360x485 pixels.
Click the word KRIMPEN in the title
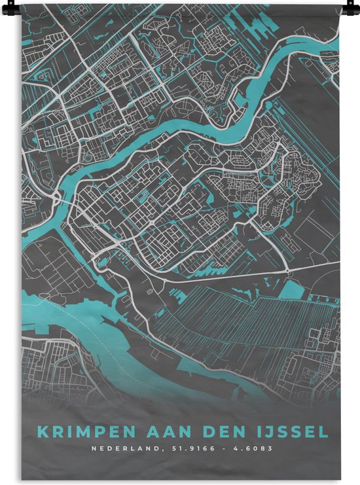(x=79, y=431)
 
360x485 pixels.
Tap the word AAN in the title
(x=154, y=431)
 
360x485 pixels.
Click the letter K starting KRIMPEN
(x=42, y=431)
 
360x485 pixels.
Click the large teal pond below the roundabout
(x=294, y=291)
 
